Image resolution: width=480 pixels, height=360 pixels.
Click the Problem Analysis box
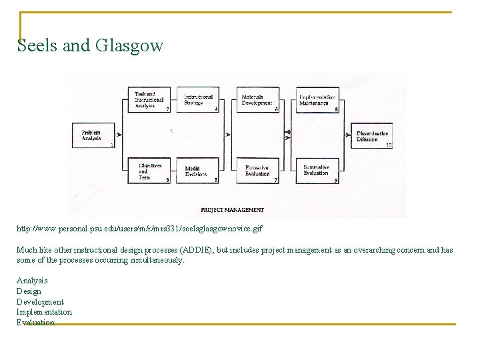point(93,135)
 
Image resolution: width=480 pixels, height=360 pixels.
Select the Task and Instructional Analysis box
point(147,99)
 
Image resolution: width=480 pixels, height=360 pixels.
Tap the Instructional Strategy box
point(198,100)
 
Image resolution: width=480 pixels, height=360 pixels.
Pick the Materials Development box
point(257,100)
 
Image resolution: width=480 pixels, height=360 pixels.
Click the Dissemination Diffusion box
point(372,136)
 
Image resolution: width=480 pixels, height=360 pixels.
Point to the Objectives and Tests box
point(147,171)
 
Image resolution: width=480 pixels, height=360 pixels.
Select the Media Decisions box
point(198,171)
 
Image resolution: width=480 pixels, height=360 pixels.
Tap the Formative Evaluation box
point(257,171)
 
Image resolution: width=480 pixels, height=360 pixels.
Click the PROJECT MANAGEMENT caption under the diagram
point(232,210)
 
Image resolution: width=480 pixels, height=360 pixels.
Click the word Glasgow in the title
point(129,45)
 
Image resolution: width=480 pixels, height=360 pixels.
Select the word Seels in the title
point(37,45)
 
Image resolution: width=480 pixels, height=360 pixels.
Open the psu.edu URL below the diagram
point(139,229)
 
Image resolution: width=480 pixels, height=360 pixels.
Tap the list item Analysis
point(32,281)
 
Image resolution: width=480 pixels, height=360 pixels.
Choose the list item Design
point(29,291)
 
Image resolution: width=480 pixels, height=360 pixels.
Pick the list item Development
point(40,302)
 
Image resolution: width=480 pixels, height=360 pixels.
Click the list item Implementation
point(44,312)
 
